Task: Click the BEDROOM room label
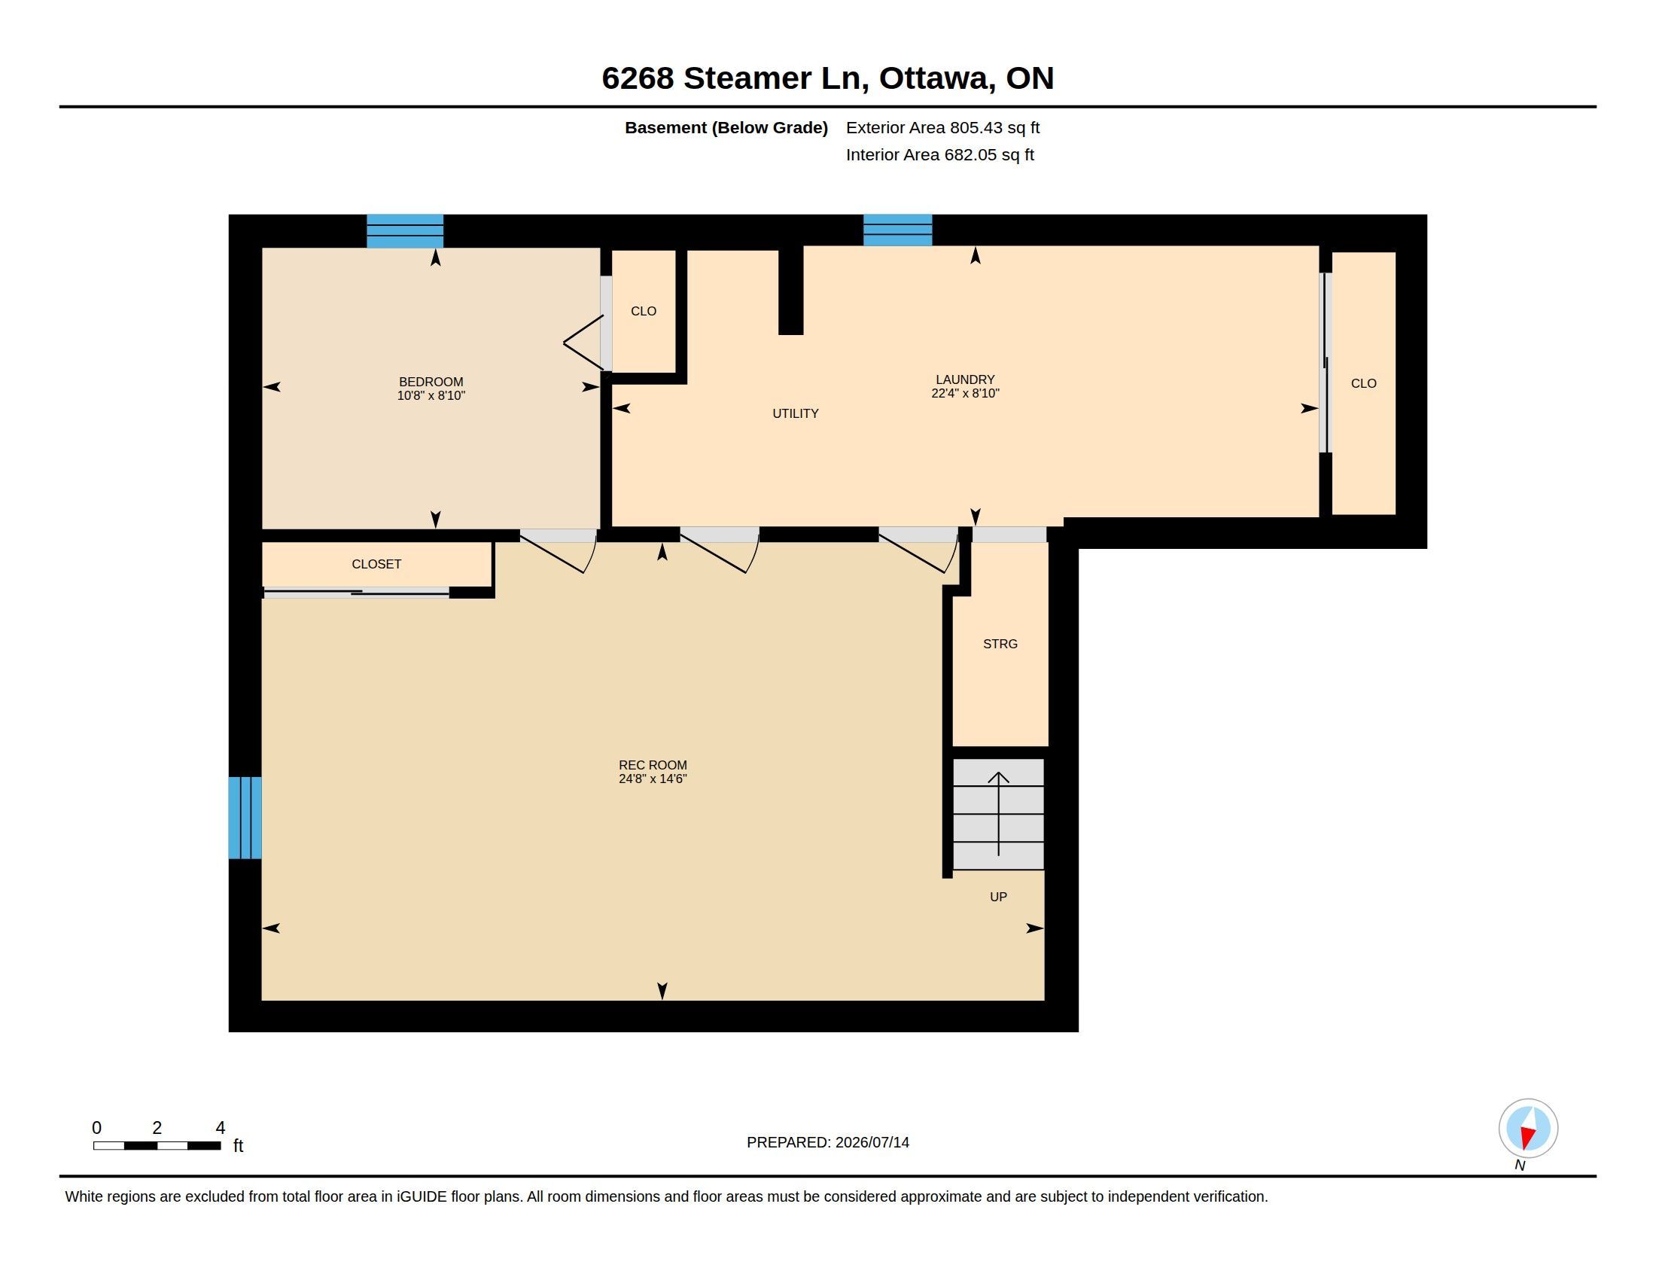[x=431, y=382]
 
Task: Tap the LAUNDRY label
[x=964, y=379]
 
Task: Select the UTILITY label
[x=796, y=413]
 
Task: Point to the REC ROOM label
[x=652, y=765]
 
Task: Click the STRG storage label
[x=1000, y=644]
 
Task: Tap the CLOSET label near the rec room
[x=376, y=564]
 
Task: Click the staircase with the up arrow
[x=998, y=814]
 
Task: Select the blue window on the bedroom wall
[x=405, y=231]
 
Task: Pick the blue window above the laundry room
[x=898, y=230]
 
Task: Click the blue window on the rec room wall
[x=245, y=818]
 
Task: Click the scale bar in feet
[x=157, y=1145]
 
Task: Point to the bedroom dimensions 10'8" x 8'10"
[x=431, y=395]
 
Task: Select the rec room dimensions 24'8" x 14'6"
[x=652, y=779]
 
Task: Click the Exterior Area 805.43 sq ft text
[x=942, y=127]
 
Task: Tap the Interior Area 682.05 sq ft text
[x=939, y=154]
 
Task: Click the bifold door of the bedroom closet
[x=585, y=343]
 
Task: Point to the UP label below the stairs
[x=998, y=897]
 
